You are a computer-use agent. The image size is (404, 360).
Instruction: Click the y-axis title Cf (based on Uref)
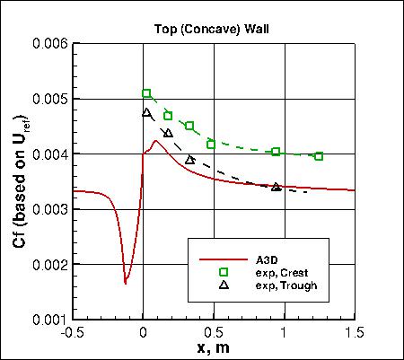(x=20, y=180)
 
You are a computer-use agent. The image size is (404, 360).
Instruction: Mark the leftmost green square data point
(x=146, y=93)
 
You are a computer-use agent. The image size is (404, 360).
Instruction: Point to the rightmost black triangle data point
(x=276, y=187)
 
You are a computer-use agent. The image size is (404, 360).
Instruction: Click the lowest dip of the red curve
(x=126, y=282)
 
